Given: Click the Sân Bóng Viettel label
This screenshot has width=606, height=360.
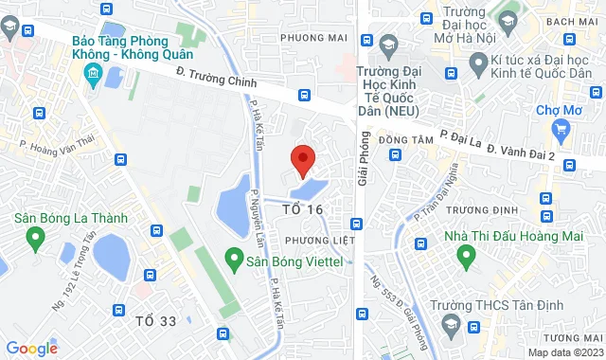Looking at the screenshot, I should pos(283,258).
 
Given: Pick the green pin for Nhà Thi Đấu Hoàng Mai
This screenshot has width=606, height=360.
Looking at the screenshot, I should pos(465,255).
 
